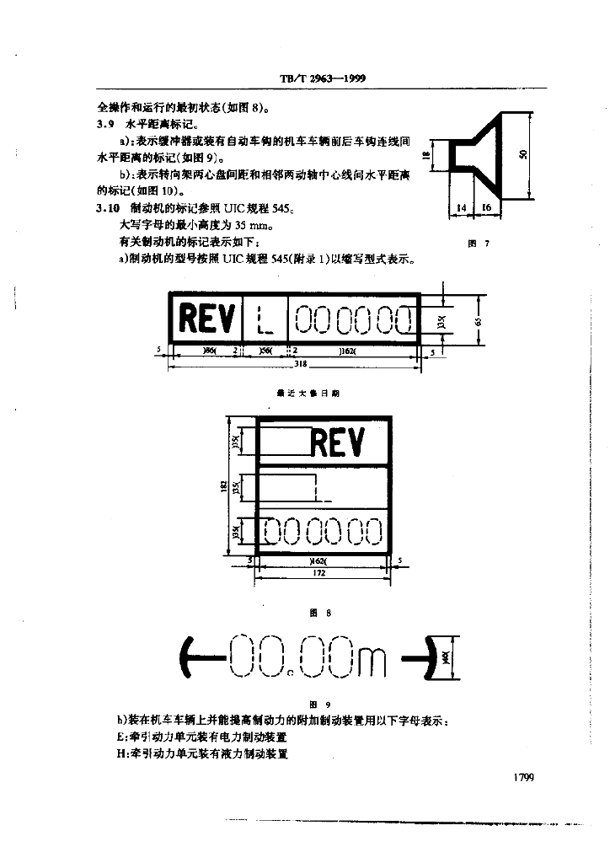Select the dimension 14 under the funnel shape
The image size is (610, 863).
(461, 207)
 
